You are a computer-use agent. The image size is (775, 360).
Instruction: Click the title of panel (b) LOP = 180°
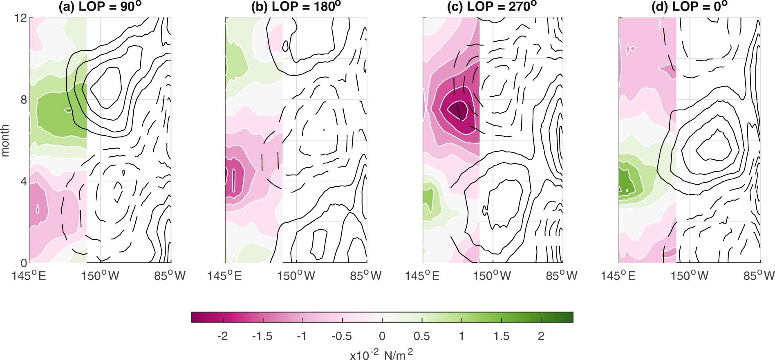[296, 7]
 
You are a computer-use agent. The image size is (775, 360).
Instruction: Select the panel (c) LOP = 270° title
[493, 7]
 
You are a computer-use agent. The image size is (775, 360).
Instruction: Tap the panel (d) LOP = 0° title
[688, 7]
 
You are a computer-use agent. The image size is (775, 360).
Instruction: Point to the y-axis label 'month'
[5, 141]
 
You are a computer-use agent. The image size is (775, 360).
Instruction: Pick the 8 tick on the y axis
[24, 100]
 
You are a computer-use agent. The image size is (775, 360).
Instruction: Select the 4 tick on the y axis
[24, 181]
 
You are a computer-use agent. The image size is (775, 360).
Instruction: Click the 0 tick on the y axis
[24, 263]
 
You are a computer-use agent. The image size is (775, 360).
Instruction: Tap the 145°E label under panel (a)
[29, 276]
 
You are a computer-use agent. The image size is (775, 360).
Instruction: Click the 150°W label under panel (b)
[296, 276]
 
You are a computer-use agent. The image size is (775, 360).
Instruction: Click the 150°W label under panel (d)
[690, 276]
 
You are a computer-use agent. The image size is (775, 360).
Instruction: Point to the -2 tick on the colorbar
[223, 336]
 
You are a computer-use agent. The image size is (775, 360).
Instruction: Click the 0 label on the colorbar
[382, 336]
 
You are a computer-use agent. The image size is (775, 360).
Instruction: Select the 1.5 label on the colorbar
[502, 336]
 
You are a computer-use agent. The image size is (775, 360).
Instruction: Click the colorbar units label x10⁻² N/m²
[381, 354]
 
